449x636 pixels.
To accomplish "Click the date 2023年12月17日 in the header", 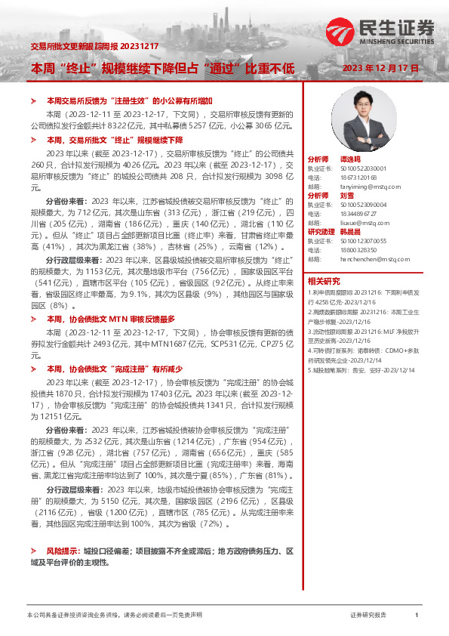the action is [380, 69].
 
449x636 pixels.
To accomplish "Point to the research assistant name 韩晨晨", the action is [352, 231].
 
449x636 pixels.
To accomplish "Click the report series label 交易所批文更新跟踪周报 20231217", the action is [94, 46].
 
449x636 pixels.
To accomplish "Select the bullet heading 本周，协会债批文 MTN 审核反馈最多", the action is [111, 320].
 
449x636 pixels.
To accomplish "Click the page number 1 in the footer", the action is [417, 616].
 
